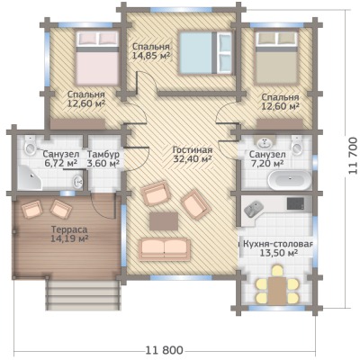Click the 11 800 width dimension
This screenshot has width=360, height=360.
(x=164, y=350)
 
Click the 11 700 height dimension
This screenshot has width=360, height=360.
(x=354, y=156)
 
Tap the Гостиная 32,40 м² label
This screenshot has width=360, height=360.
(x=193, y=155)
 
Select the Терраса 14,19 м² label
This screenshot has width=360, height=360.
(x=69, y=234)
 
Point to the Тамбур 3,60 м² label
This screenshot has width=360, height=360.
(x=103, y=159)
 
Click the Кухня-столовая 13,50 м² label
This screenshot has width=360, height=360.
(x=278, y=248)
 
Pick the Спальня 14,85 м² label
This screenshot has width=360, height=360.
(x=151, y=51)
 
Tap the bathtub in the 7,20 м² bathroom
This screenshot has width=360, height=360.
(x=290, y=180)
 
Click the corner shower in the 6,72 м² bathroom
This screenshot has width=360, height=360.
(x=30, y=177)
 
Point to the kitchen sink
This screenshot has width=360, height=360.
(x=254, y=208)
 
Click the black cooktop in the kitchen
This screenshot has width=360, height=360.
(x=295, y=203)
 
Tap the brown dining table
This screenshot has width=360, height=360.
(x=277, y=290)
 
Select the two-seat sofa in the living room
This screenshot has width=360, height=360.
(x=165, y=247)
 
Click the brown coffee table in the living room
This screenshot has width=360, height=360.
(x=164, y=221)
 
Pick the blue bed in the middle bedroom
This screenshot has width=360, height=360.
(x=205, y=52)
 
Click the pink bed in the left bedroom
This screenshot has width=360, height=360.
(x=97, y=58)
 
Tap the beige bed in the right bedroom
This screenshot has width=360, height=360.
(x=276, y=57)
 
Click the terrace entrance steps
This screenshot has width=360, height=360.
(x=83, y=293)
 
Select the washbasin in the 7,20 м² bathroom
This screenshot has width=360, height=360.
(x=265, y=141)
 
